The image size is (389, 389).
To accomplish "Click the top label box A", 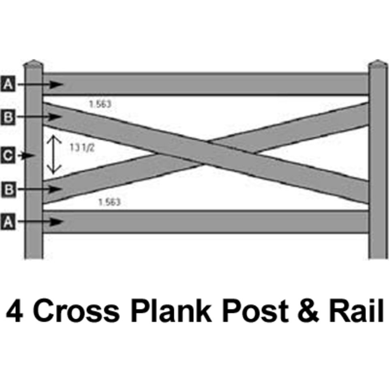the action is pos(8,84).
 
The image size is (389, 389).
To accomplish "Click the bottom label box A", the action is pos(8,222).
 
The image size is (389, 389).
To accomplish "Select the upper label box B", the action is pos(8,117).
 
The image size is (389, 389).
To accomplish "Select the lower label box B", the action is pos(9,190).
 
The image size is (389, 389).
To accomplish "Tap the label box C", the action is pos(8,156).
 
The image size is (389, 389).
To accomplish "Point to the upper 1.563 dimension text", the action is pos(100,104).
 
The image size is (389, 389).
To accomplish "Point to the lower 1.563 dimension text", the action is pos(109,202).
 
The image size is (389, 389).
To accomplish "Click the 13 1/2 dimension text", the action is pos(82,148).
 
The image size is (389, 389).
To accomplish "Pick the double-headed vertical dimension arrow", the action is pos(54,154).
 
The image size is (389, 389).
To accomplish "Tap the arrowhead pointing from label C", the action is pos(29,156).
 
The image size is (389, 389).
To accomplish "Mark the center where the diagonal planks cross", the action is pos(205,153).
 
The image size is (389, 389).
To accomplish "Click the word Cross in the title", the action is pos(76,311).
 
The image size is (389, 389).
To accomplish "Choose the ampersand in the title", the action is pos(308,311).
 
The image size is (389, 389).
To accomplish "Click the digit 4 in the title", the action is pos(15,310).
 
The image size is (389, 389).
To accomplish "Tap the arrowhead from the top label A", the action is pos(56,84).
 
